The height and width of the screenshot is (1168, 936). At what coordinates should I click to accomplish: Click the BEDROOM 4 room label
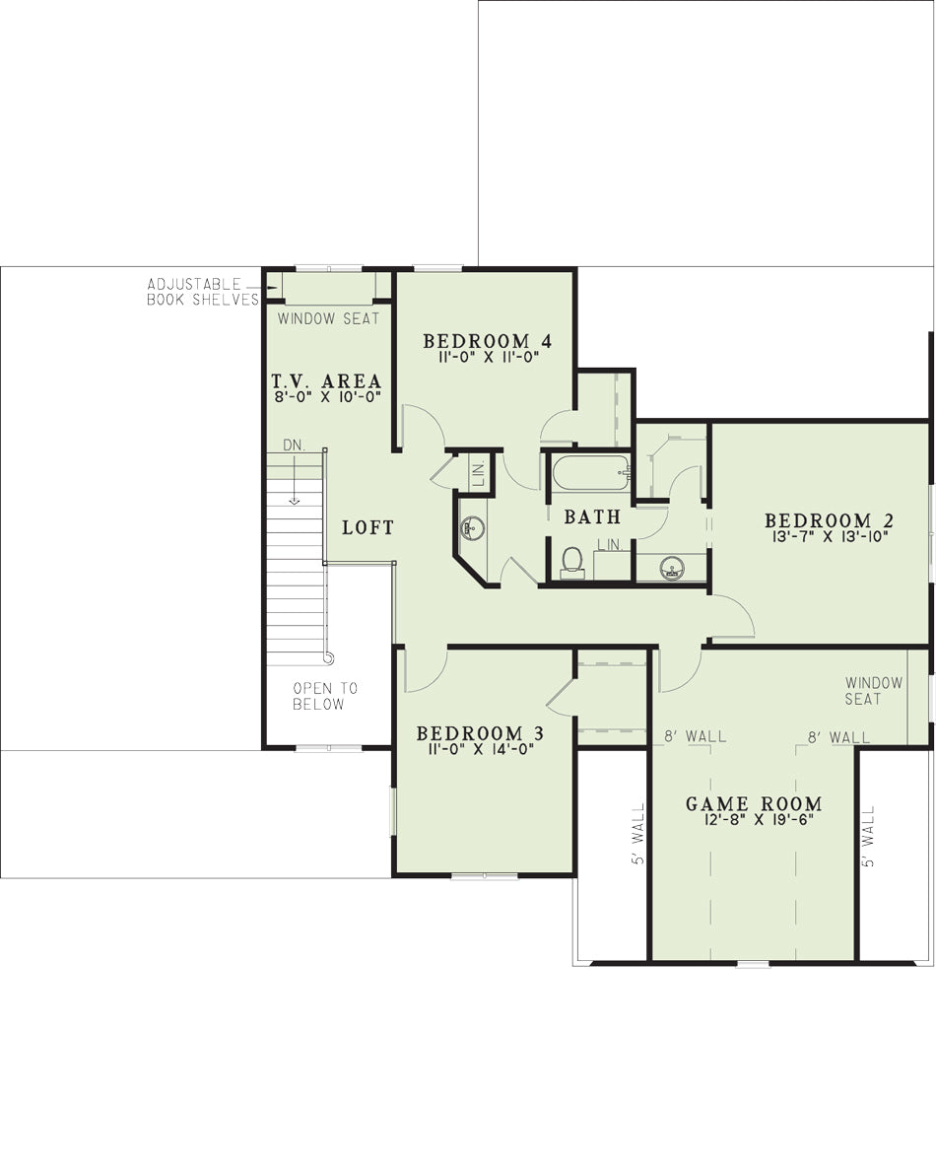coord(488,341)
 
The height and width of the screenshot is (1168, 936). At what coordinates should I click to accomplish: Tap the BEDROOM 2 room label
coord(829,520)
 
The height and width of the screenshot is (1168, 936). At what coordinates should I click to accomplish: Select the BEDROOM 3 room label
coord(480,733)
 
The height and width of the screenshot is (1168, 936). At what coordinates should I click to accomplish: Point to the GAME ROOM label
coord(754,803)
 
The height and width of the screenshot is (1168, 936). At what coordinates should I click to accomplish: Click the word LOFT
coord(368,527)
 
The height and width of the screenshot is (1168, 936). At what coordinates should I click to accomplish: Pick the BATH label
coord(592,516)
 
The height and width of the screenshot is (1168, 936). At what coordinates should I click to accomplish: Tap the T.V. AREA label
coord(326,381)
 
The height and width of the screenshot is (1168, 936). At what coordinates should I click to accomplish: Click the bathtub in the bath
coord(591,472)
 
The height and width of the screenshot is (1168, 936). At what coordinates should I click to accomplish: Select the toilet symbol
coord(572,562)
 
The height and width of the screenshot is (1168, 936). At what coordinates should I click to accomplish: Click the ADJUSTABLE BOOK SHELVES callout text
coord(203,292)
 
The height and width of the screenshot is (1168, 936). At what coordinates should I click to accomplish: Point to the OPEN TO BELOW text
coord(325,696)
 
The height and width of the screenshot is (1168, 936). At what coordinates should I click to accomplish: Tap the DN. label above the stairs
coord(295,446)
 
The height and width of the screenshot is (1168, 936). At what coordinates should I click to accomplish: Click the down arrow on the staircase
coord(295,479)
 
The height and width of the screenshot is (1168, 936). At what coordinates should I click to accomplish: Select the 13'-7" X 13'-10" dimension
coord(829,535)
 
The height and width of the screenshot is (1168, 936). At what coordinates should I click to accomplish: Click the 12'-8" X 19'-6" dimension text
coord(754,819)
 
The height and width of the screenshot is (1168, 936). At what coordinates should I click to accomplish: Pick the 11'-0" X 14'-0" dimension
coord(480,749)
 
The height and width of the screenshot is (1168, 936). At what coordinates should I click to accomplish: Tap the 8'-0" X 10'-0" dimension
coord(328,397)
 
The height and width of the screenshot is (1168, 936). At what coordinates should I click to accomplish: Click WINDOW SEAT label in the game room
coord(874,691)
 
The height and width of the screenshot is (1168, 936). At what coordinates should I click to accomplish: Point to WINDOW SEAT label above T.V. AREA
coord(328,318)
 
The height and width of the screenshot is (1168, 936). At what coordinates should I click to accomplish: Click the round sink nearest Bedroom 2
coord(673,569)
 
